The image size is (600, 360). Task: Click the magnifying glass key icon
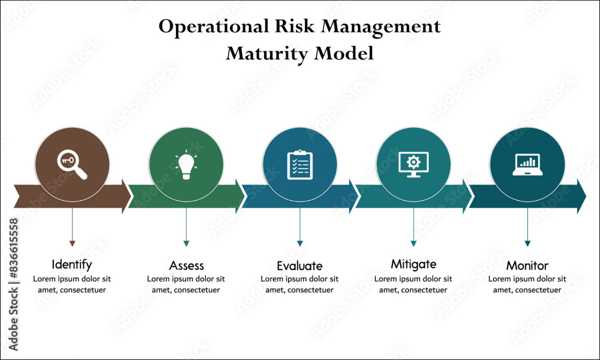tap(72, 165)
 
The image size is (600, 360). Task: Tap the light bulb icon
tap(186, 165)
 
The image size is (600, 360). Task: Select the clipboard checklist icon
tap(300, 165)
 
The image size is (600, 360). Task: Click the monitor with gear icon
tap(413, 165)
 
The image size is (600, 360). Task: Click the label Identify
tap(72, 264)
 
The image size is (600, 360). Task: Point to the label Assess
tap(186, 265)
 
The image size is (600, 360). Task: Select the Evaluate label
tap(299, 266)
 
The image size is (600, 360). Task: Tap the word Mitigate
tap(413, 264)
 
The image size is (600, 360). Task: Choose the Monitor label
tap(527, 265)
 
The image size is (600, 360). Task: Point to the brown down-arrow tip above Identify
tap(72, 244)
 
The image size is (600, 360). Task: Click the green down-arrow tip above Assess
tap(186, 244)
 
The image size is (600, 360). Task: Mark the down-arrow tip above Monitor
tap(527, 244)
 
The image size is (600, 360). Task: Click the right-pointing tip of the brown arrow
tap(129, 196)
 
